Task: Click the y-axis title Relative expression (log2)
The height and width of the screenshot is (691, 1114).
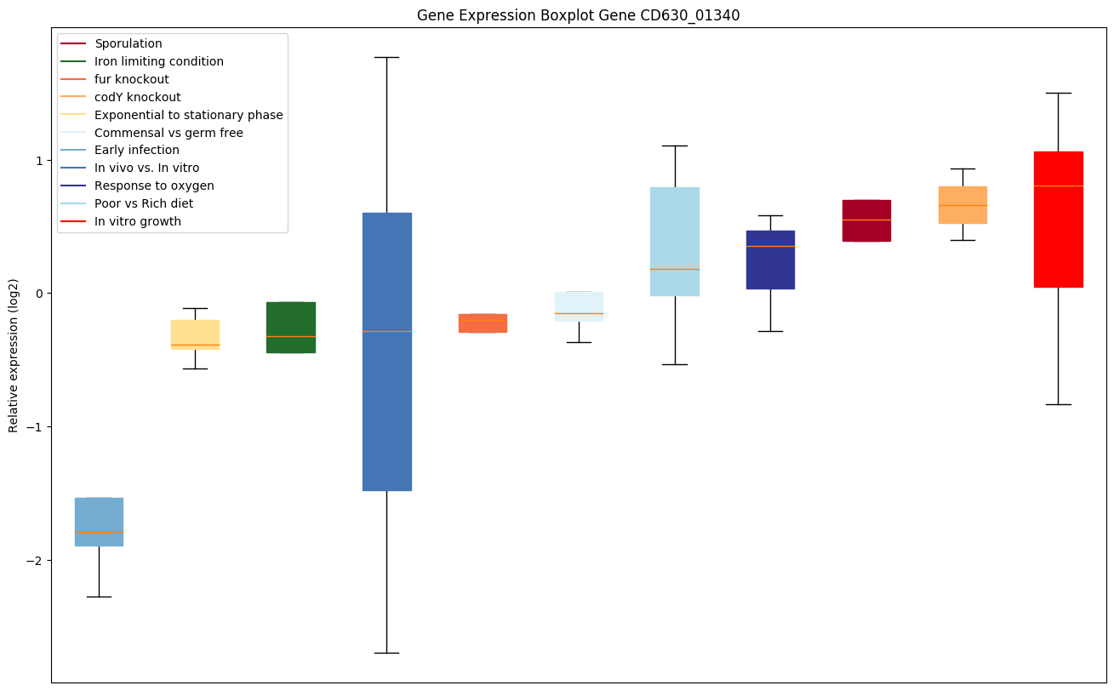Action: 14,355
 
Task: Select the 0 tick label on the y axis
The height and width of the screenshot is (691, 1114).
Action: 41,294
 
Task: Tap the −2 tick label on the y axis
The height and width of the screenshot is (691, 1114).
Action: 37,561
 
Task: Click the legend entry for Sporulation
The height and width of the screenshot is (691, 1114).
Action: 129,43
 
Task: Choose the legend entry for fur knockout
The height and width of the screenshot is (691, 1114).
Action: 132,79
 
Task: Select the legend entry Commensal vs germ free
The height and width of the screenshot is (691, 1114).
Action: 169,133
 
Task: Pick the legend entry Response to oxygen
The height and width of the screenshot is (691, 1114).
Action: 154,186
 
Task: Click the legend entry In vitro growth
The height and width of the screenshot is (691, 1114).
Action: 138,221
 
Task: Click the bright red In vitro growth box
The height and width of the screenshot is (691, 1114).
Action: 1058,219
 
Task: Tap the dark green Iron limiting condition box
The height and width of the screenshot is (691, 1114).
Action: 291,327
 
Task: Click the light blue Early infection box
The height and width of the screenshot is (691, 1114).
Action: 99,521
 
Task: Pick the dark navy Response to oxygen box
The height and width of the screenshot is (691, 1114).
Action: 770,260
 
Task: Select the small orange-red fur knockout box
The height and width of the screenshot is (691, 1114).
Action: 483,323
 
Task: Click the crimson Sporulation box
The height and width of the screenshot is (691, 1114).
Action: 866,220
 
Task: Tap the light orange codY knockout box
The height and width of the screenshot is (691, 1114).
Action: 963,204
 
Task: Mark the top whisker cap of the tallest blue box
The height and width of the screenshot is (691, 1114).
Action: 386,57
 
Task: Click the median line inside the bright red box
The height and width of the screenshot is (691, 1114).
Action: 1058,186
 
